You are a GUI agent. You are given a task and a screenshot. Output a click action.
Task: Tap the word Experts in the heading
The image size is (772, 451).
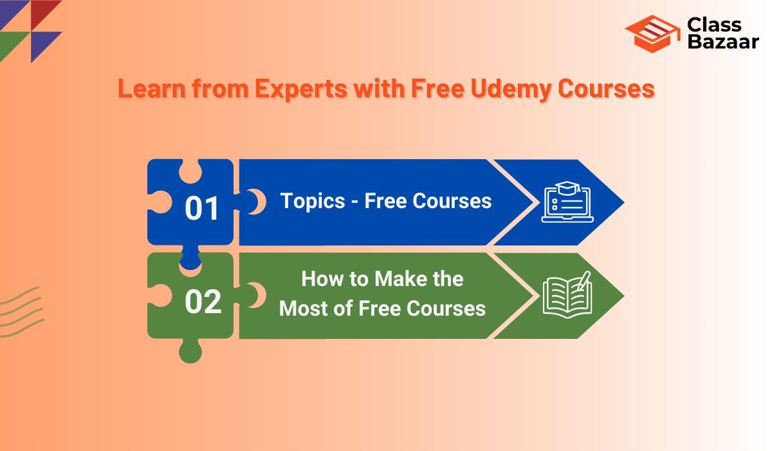301,90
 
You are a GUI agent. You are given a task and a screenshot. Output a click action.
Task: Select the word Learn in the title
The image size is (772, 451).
152,88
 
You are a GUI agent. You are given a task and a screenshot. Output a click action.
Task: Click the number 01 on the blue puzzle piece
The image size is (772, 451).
202,208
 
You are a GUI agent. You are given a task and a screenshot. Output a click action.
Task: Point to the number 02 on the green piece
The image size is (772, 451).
203,302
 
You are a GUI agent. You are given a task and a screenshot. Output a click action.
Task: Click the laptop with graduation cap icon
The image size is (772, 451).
567,202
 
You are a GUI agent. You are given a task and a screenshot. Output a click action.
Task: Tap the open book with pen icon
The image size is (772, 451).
567,294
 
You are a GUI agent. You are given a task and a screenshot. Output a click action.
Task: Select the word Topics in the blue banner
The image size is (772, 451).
313,201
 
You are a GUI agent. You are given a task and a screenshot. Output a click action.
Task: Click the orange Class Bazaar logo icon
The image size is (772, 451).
652,34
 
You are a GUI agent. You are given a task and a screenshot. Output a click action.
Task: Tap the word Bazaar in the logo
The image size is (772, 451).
723,41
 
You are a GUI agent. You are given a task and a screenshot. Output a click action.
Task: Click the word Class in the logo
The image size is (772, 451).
714,25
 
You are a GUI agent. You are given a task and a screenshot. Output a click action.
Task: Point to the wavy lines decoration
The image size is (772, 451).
21,312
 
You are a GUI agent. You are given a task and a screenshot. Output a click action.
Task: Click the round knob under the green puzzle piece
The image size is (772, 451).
190,351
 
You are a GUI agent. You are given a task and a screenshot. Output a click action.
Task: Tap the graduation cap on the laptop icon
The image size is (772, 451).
567,187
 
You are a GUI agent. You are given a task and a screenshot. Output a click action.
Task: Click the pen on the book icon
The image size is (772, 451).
584,280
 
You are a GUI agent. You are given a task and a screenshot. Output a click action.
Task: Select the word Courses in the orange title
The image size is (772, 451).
606,88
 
